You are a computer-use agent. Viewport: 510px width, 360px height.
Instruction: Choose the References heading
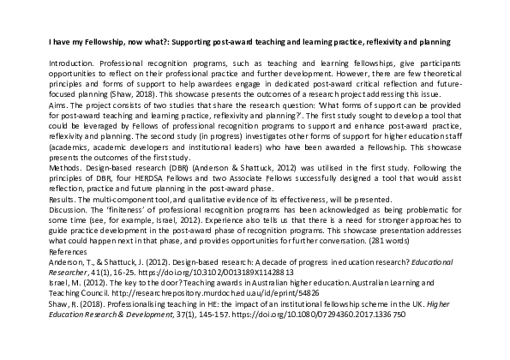coord(69,255)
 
